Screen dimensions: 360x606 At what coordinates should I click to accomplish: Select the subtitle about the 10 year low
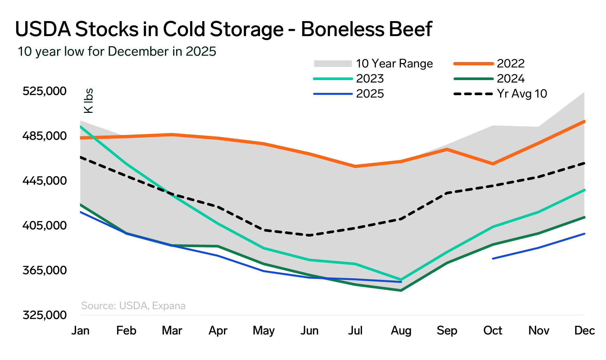pos(117,52)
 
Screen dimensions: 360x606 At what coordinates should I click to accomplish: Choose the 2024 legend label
pos(511,79)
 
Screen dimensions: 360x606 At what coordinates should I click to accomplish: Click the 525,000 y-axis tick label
pos(45,91)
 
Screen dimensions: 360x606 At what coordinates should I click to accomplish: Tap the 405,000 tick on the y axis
pos(45,225)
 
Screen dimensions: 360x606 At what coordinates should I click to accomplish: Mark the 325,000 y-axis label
pos(45,315)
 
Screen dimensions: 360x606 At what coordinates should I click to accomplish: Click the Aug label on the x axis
pos(401,330)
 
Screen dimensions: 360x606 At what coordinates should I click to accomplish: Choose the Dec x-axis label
pos(584,330)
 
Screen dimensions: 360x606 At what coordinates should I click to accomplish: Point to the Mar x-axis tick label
pos(172,330)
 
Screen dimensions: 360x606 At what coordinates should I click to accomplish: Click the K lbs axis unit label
pos(89,101)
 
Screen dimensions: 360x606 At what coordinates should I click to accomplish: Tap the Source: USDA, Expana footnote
pos(133,306)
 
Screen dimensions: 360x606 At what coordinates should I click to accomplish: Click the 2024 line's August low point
pos(401,290)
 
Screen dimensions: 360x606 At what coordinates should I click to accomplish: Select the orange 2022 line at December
pos(584,121)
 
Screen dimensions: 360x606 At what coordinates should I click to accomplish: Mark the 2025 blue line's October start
pos(493,259)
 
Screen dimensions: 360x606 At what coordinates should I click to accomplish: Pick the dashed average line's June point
pos(309,235)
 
